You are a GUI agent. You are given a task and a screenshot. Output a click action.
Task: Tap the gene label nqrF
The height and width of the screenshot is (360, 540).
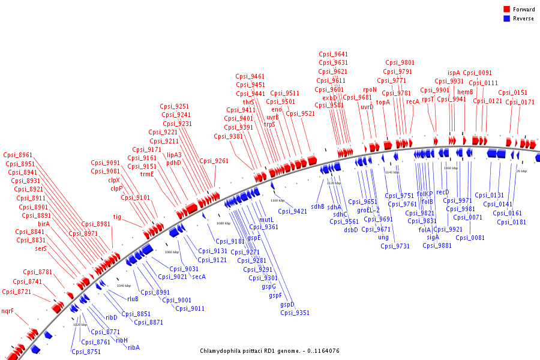7,311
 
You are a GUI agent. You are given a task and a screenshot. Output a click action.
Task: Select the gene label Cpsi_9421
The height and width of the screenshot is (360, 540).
292,211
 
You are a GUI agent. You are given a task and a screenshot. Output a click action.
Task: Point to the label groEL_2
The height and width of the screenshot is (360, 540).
368,210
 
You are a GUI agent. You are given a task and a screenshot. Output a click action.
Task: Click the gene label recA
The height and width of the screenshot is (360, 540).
413,102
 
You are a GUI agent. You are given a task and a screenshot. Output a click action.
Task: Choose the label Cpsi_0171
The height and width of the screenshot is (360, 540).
520,102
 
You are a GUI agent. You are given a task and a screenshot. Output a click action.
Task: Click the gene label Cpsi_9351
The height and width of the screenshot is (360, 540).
295,313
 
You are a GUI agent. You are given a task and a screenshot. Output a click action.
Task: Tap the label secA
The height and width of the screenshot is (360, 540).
199,277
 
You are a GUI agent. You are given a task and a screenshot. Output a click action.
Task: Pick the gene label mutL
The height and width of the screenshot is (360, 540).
266,220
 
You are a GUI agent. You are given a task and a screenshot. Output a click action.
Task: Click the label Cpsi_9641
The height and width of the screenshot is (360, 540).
333,55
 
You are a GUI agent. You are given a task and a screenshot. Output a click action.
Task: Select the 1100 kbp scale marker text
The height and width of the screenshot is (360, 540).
277,200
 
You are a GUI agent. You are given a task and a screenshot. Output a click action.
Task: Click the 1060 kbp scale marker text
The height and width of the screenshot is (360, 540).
172,252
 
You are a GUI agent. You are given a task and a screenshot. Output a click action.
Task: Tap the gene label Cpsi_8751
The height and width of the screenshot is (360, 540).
86,352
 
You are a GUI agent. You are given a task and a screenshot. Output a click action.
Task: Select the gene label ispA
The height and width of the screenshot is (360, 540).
454,73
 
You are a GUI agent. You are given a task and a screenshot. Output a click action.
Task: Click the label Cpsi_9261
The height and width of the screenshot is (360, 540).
214,161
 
